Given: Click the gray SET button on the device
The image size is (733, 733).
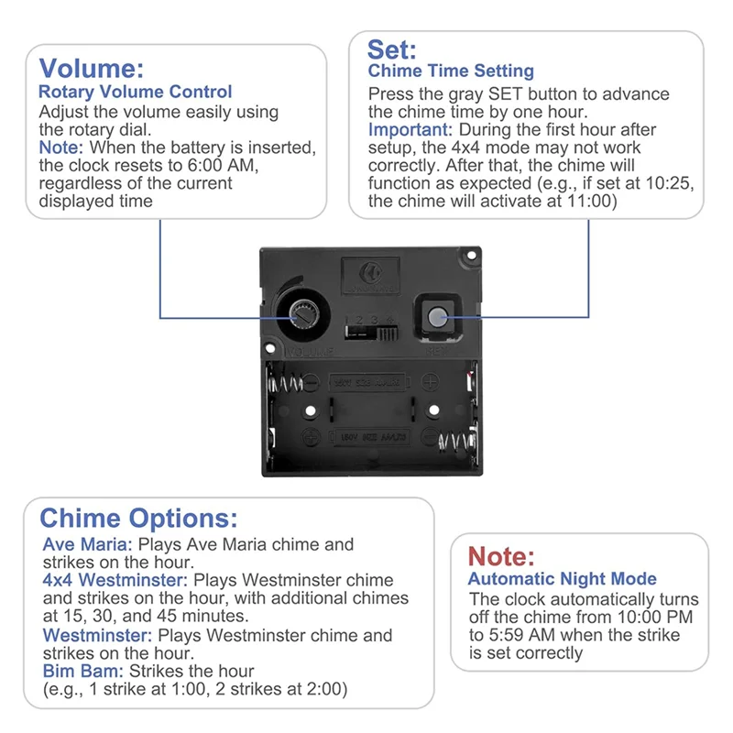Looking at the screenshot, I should [x=436, y=317].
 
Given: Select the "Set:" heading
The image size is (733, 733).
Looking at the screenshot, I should [x=392, y=49].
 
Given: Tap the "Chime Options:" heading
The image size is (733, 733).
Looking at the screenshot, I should [x=138, y=518].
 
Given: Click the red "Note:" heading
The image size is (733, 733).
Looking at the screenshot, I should [x=501, y=555].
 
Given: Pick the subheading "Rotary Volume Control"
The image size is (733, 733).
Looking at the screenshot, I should [x=135, y=92].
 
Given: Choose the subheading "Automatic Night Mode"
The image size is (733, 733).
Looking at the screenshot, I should [x=562, y=578].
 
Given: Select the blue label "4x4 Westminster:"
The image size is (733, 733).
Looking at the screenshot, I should [x=115, y=581].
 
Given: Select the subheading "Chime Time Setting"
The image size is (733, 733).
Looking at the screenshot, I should [x=451, y=71].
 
